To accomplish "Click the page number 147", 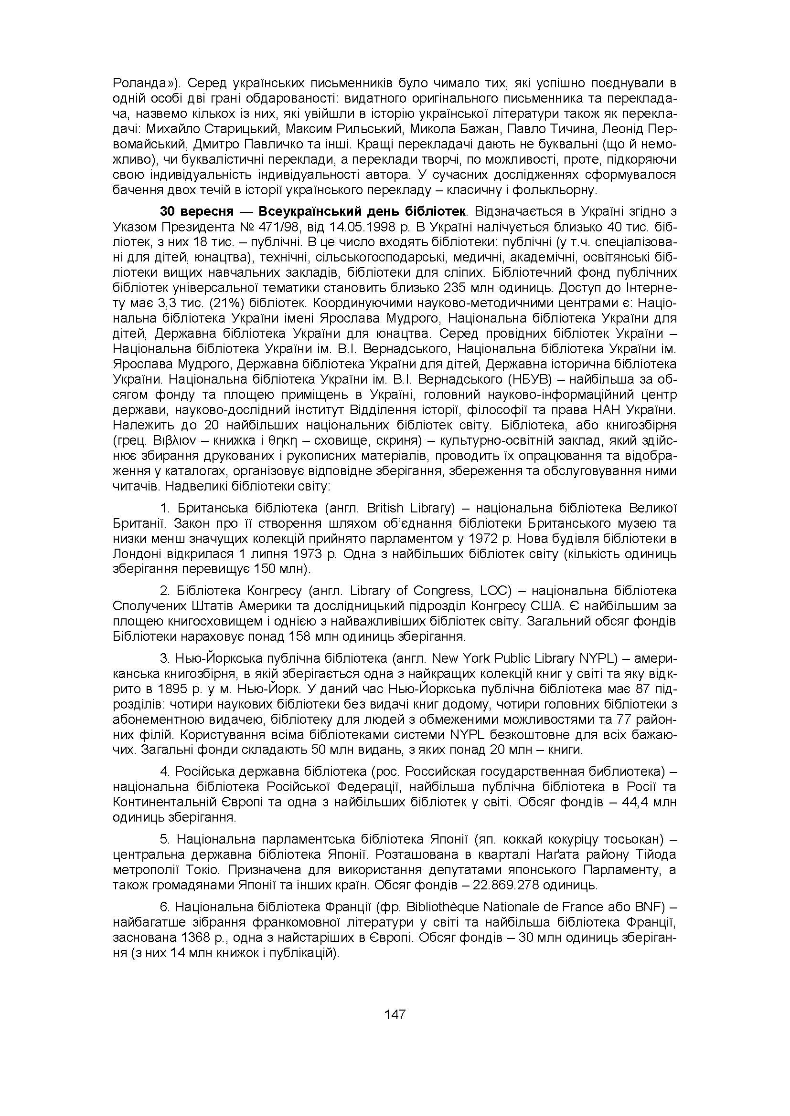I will [x=395, y=1014].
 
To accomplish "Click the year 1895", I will [x=174, y=689].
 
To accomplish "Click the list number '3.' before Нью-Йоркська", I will [x=164, y=658].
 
